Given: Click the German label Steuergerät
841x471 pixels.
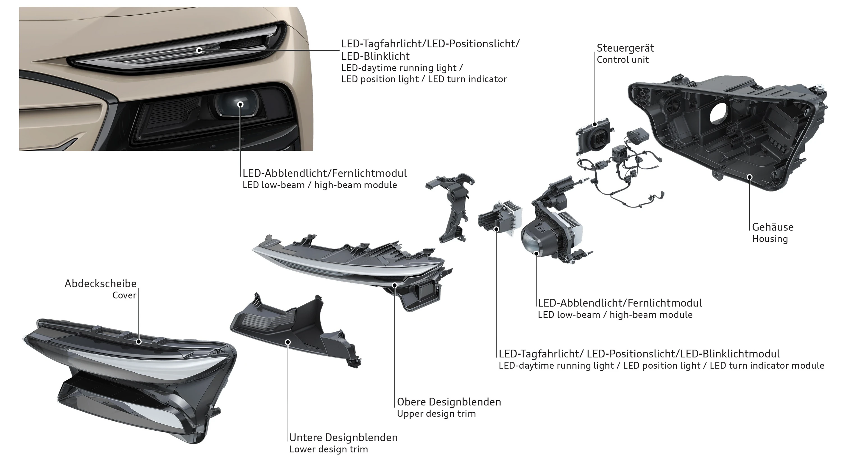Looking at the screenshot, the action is [625, 48].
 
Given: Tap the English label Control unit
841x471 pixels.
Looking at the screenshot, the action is [623, 60].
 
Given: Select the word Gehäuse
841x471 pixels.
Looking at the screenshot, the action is [772, 227].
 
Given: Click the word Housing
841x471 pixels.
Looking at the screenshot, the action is [770, 239].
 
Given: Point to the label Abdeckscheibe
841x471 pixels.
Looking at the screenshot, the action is [101, 283].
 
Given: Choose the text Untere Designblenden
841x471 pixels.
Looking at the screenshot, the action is [343, 437].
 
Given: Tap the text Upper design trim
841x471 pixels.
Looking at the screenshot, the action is [436, 414].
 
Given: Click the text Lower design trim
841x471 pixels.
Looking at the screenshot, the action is [329, 449].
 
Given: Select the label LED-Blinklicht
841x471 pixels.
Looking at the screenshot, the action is [375, 56].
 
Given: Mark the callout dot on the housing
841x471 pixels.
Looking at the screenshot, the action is [750, 177].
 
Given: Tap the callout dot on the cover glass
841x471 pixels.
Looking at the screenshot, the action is [138, 341].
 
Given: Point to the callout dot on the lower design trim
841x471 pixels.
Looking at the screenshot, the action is [288, 342].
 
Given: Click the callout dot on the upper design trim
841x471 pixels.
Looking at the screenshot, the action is [394, 285].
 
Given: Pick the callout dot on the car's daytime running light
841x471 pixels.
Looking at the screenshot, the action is [199, 50].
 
